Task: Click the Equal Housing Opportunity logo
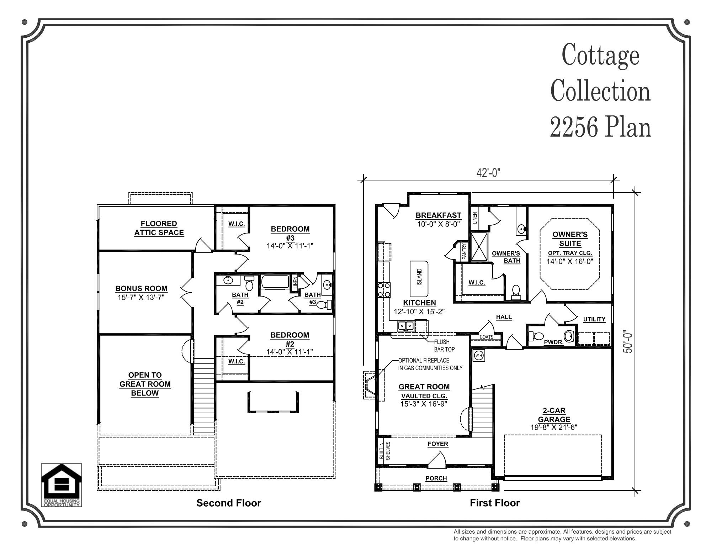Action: pyautogui.click(x=61, y=484)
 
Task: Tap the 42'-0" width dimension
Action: pyautogui.click(x=488, y=173)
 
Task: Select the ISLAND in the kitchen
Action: pyautogui.click(x=419, y=279)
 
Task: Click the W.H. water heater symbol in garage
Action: pyautogui.click(x=479, y=355)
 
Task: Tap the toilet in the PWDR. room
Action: pyautogui.click(x=536, y=336)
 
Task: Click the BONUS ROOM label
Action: pyautogui.click(x=141, y=289)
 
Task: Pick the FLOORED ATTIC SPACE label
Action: pyautogui.click(x=159, y=228)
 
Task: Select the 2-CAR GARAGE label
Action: pyautogui.click(x=554, y=415)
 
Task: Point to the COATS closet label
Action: pyautogui.click(x=486, y=337)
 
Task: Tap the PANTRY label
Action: pyautogui.click(x=464, y=251)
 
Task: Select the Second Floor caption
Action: pyautogui.click(x=229, y=503)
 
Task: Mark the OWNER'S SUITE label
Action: pyautogui.click(x=570, y=239)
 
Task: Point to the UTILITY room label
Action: pyautogui.click(x=594, y=319)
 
